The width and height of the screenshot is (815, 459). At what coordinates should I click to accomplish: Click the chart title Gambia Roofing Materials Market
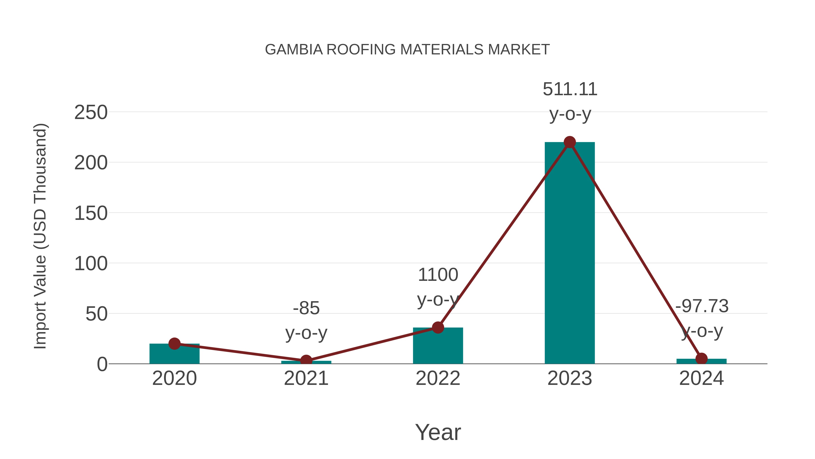pyautogui.click(x=407, y=50)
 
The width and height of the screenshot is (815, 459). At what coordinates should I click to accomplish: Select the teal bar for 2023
pyautogui.click(x=570, y=253)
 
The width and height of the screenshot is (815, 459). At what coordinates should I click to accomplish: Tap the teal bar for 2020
pyautogui.click(x=174, y=355)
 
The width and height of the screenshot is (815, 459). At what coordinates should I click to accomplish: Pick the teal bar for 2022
pyautogui.click(x=438, y=347)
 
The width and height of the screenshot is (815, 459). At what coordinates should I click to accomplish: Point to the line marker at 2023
pyautogui.click(x=570, y=142)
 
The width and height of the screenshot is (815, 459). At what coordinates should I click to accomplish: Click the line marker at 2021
pyautogui.click(x=306, y=360)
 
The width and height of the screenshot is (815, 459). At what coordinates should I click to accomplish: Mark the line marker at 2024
pyautogui.click(x=701, y=359)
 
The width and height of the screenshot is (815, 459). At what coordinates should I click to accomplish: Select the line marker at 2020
pyautogui.click(x=174, y=343)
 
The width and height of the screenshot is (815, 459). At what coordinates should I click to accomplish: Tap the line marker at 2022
pyautogui.click(x=438, y=328)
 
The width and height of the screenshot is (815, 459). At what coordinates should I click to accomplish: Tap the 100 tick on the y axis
pyautogui.click(x=91, y=264)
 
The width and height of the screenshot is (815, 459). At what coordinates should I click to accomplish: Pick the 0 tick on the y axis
pyautogui.click(x=102, y=364)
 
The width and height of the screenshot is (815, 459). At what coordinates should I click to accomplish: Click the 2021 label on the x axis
pyautogui.click(x=306, y=379)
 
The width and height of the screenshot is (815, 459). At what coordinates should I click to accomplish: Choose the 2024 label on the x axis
pyautogui.click(x=701, y=379)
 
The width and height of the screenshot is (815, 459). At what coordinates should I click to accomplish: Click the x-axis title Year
pyautogui.click(x=438, y=432)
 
